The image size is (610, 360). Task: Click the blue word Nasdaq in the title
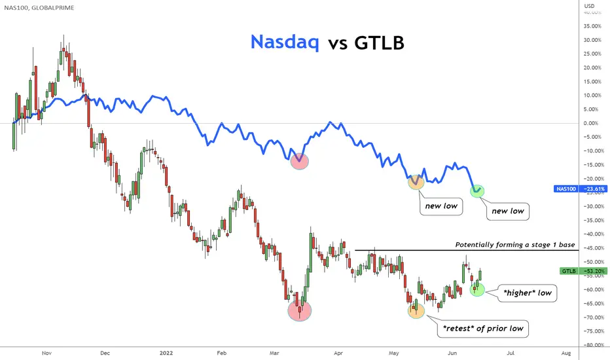[284, 42]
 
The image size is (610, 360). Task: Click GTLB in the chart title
[379, 43]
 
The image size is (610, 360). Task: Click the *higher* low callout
[527, 293]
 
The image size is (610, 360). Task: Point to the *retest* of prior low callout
[483, 329]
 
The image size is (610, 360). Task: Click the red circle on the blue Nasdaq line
[300, 161]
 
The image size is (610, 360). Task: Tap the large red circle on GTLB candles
[300, 310]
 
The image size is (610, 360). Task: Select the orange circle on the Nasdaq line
[416, 182]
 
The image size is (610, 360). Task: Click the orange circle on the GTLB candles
[416, 310]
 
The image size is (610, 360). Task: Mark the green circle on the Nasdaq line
[477, 190]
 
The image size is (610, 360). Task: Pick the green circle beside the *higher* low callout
[477, 289]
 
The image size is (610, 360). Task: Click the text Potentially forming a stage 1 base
[514, 244]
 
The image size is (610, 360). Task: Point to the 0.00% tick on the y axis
[590, 123]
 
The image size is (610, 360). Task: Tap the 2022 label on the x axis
[166, 353]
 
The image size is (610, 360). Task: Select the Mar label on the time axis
[274, 353]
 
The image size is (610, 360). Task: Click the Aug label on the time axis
[566, 353]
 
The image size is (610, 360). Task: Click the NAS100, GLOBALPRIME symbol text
[39, 8]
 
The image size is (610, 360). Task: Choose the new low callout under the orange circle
[441, 206]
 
